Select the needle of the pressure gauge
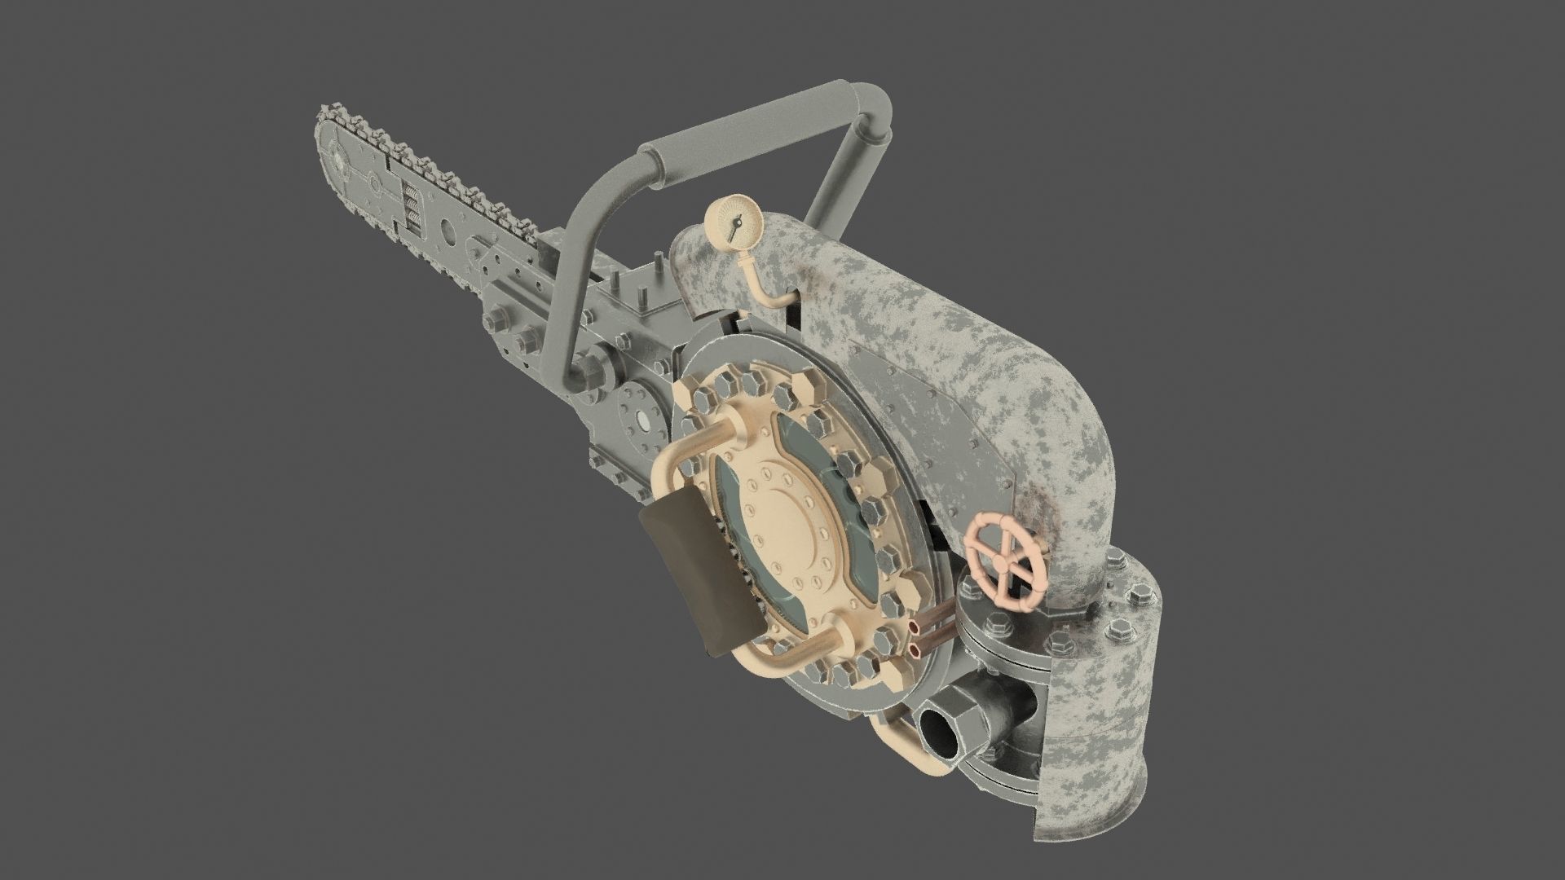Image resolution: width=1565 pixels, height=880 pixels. point(736,224)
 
